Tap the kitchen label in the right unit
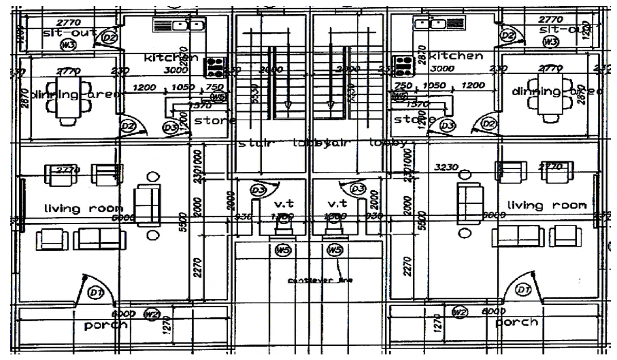point(456,56)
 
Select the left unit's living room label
point(83,208)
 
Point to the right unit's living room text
point(547,205)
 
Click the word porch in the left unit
point(106,325)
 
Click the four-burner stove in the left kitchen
point(215,66)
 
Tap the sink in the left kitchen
point(184,24)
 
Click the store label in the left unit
point(215,121)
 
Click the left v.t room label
point(283,203)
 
